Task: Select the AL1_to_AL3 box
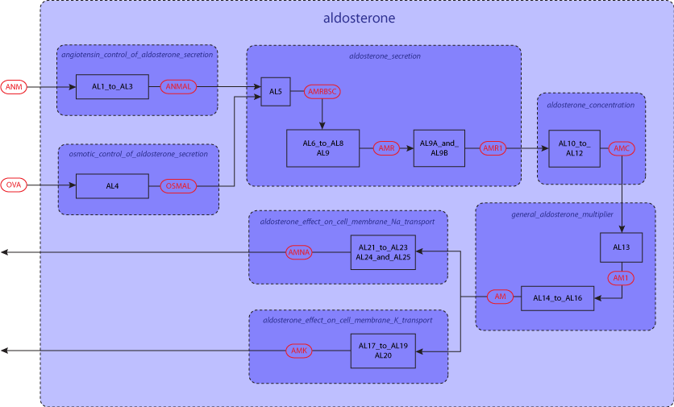pyautogui.click(x=112, y=86)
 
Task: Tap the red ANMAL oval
pyautogui.click(x=177, y=86)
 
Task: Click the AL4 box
pyautogui.click(x=112, y=186)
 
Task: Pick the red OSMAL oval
pyautogui.click(x=177, y=186)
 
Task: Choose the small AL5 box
pyautogui.click(x=275, y=92)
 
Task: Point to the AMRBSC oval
pyautogui.click(x=322, y=92)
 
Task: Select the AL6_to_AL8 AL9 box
pyautogui.click(x=323, y=148)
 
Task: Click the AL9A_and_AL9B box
pyautogui.click(x=439, y=148)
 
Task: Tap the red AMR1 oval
pyautogui.click(x=493, y=148)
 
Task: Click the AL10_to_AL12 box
pyautogui.click(x=574, y=148)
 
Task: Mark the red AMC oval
pyautogui.click(x=622, y=148)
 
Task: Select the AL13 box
pyautogui.click(x=621, y=247)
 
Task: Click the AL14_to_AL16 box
pyautogui.click(x=563, y=298)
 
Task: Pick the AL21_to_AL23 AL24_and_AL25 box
pyautogui.click(x=383, y=252)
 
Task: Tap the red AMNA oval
pyautogui.click(x=298, y=252)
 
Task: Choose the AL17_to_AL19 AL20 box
pyautogui.click(x=383, y=351)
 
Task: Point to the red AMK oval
pyautogui.click(x=298, y=351)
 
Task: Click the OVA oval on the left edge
pyautogui.click(x=14, y=186)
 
